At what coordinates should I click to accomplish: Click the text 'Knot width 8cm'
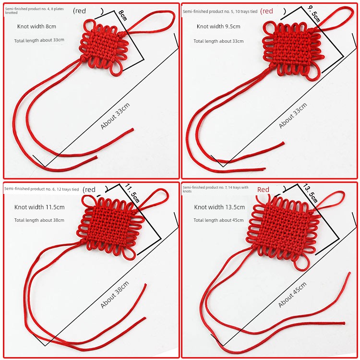pyautogui.click(x=36, y=26)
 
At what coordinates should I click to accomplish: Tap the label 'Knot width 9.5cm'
pyautogui.click(x=218, y=26)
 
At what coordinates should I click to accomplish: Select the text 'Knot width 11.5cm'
pyautogui.click(x=39, y=207)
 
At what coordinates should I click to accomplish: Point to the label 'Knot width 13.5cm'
pyautogui.click(x=219, y=207)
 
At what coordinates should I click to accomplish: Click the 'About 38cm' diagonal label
pyautogui.click(x=115, y=294)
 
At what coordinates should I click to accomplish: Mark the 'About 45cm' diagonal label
pyautogui.click(x=292, y=295)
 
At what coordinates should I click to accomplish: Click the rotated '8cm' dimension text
pyautogui.click(x=122, y=15)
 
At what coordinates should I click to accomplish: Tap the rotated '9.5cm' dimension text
pyautogui.click(x=313, y=14)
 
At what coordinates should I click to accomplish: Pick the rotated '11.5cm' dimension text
pyautogui.click(x=132, y=193)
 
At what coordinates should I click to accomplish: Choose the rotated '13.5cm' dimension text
pyautogui.click(x=310, y=193)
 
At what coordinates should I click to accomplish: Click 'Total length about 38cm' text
pyautogui.click(x=39, y=220)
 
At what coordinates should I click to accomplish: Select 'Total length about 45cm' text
pyautogui.click(x=218, y=220)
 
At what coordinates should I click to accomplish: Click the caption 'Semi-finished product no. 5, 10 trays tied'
pyautogui.click(x=220, y=12)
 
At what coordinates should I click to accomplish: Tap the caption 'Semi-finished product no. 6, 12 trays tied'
pyautogui.click(x=42, y=189)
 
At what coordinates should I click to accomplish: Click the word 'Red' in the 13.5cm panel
pyautogui.click(x=263, y=190)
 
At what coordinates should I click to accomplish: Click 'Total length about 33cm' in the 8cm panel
pyautogui.click(x=39, y=40)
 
